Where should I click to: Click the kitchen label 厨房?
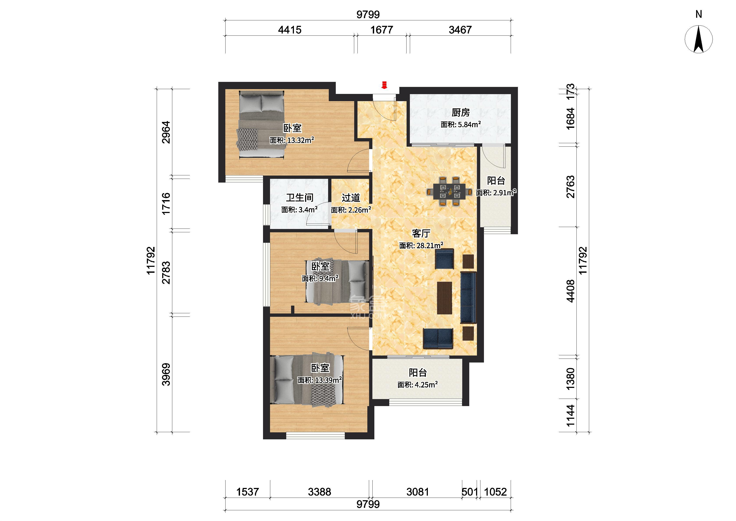(x=461, y=113)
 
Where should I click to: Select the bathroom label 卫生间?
(x=300, y=198)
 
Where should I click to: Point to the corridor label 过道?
(x=351, y=198)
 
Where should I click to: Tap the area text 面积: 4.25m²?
(x=418, y=385)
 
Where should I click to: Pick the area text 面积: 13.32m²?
(x=292, y=140)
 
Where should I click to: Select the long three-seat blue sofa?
(x=468, y=297)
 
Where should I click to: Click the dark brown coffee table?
(x=444, y=298)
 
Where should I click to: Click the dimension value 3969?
(x=166, y=374)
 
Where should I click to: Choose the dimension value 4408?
(x=570, y=291)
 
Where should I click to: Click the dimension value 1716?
(x=166, y=204)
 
